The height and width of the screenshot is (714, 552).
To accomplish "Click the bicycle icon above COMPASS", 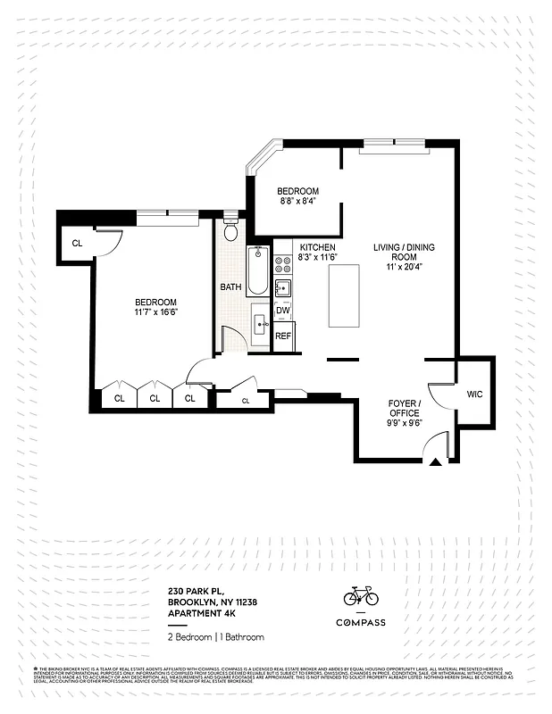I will coord(360,595).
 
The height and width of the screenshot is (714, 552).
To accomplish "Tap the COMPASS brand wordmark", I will coord(360,622).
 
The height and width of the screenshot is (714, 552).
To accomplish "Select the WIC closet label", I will coord(473,392).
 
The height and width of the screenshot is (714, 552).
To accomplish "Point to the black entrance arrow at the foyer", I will coord(435,461).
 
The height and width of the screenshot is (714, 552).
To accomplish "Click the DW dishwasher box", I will coord(282,311).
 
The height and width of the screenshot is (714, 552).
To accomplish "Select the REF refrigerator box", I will coord(283,336).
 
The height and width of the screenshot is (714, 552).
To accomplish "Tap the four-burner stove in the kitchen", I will coord(282,264).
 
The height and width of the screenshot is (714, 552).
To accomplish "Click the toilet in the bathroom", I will coord(230,232).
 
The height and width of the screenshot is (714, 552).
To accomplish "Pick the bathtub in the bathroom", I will coord(257,270).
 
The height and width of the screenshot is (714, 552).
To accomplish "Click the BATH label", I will coord(230,287).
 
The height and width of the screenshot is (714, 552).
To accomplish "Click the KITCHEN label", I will coord(317,247).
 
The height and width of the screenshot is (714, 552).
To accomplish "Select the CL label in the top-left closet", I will coord(77,243).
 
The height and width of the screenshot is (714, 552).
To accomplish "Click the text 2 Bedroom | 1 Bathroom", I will coord(216,636).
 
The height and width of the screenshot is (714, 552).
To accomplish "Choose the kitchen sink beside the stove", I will coord(282,287).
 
